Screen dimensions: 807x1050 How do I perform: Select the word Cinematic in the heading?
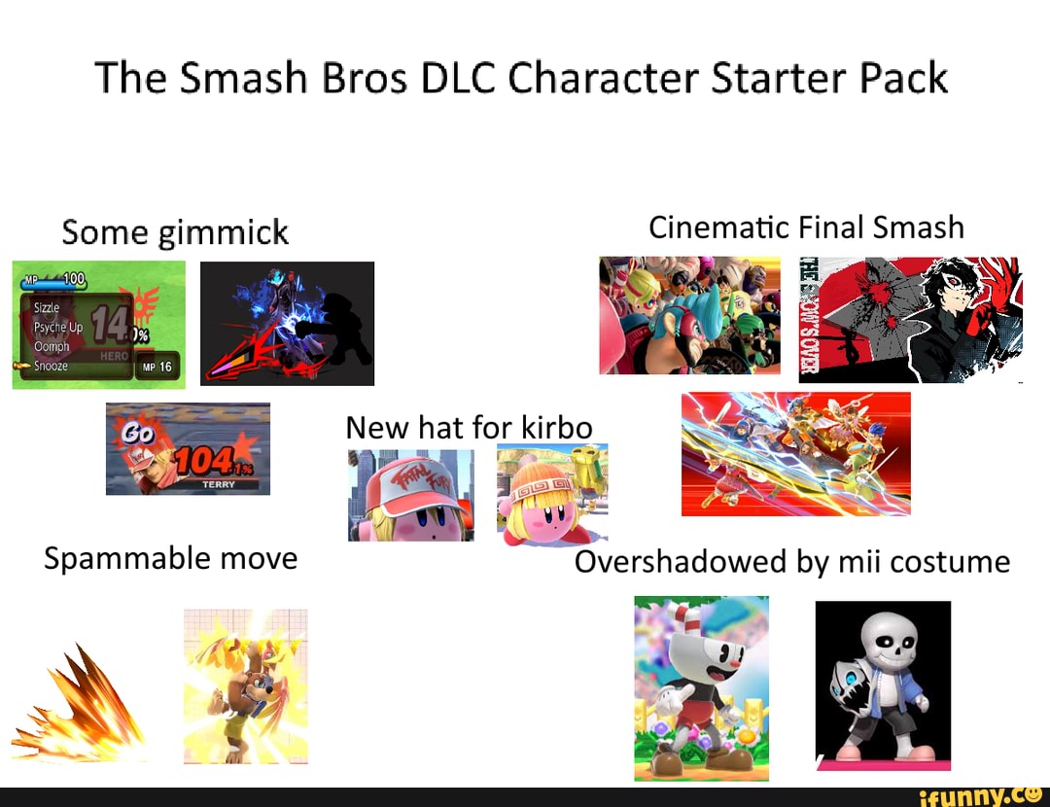click(x=720, y=228)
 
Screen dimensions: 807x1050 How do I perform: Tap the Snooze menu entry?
click(x=51, y=367)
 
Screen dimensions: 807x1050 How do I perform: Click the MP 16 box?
click(x=157, y=367)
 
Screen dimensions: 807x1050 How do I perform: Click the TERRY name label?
click(x=218, y=484)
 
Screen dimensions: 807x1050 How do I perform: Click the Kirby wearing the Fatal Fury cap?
click(x=412, y=496)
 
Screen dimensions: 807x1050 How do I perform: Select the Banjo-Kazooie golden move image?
click(x=245, y=685)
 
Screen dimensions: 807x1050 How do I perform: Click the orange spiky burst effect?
click(x=83, y=705)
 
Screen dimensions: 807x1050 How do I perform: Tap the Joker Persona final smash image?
click(x=910, y=319)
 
